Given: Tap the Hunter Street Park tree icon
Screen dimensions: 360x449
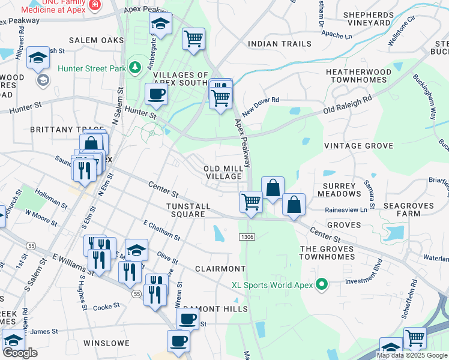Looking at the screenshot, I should [136, 67].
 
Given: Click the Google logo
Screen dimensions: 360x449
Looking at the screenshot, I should [19, 353].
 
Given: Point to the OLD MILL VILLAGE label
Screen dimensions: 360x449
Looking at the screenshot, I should [224, 173].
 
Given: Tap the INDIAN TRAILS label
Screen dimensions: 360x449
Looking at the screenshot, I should [280, 44].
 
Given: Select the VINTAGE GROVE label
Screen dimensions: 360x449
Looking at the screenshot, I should [358, 146].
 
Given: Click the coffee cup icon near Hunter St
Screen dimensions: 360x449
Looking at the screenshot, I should [156, 94].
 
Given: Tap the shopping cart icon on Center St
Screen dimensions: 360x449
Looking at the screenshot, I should [251, 201].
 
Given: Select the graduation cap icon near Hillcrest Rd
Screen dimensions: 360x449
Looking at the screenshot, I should [38, 58].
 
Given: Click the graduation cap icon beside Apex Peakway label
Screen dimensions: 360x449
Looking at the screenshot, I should [160, 24].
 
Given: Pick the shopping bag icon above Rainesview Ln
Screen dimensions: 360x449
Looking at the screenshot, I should [294, 204].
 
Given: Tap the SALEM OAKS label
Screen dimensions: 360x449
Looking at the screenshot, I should [92, 40].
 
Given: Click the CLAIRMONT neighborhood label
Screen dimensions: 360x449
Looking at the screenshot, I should [220, 269].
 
